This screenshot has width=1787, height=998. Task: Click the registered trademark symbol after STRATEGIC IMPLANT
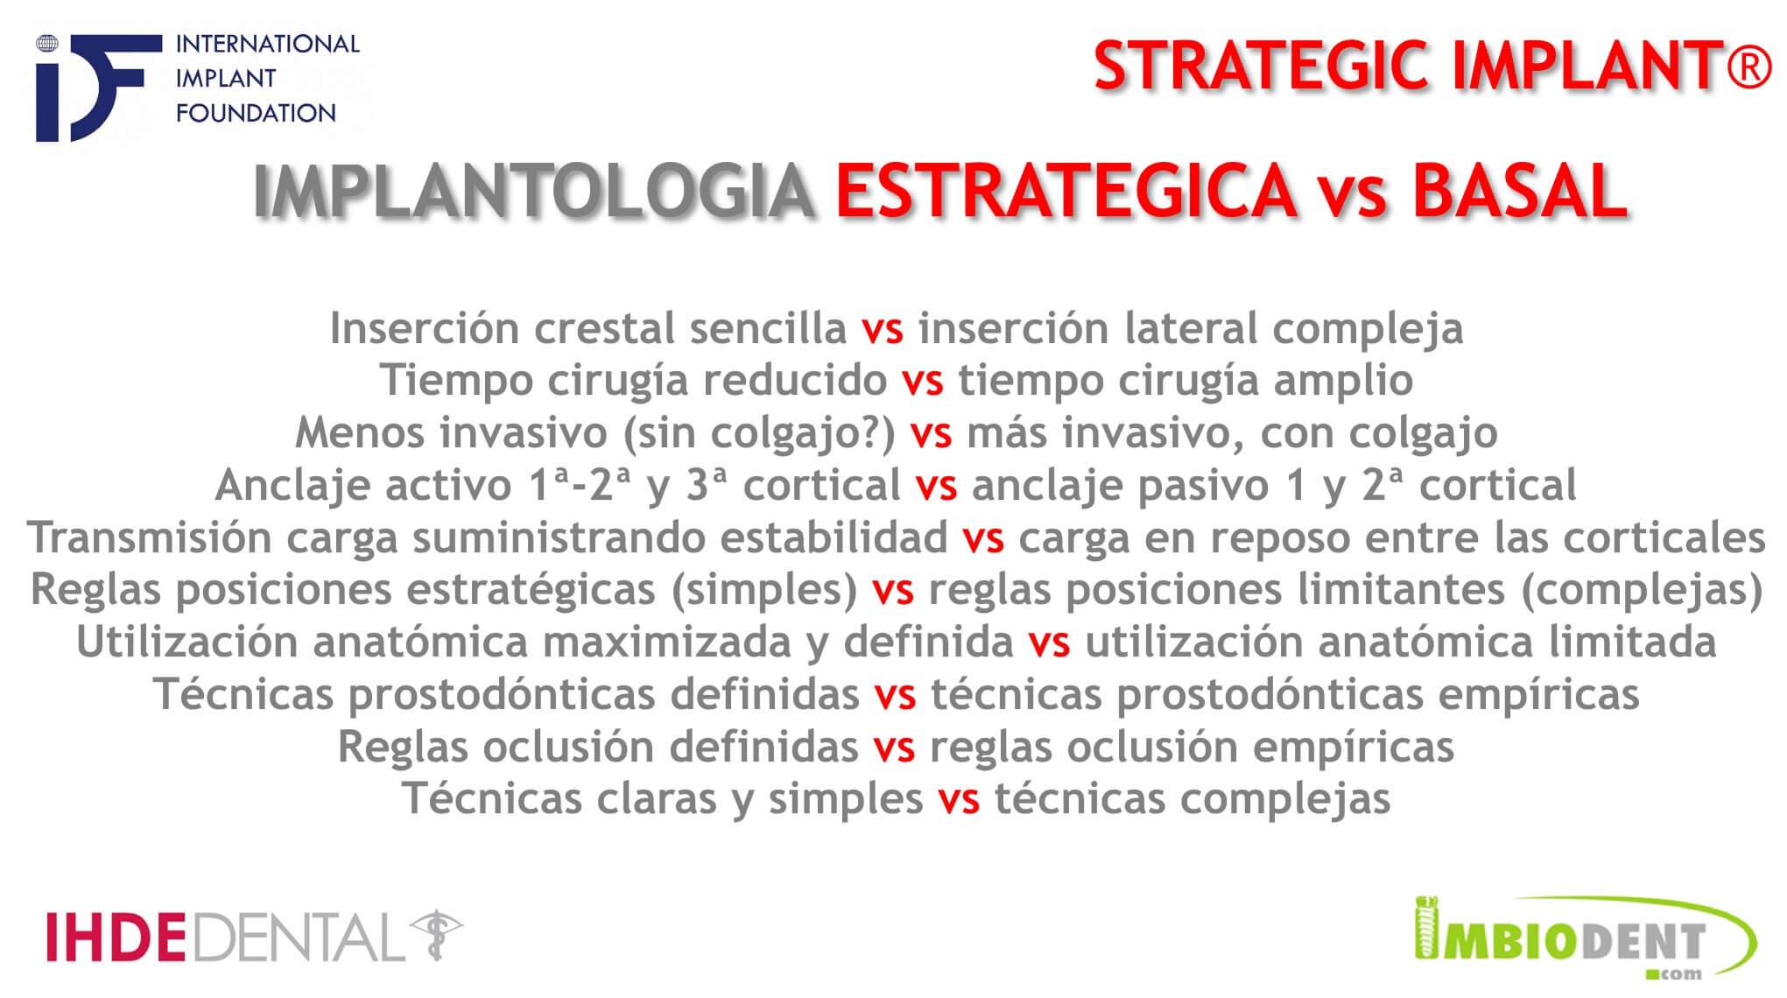point(1749,66)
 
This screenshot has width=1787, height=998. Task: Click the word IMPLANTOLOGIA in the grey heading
point(534,190)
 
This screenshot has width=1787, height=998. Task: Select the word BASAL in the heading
point(1519,190)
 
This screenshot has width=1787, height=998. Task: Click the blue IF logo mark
point(97,88)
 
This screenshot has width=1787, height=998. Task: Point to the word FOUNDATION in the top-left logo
point(256,113)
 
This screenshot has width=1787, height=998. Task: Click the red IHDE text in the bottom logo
point(116,937)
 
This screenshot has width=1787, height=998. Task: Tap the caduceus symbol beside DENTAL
point(437,935)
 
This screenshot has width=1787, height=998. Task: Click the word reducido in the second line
point(795,380)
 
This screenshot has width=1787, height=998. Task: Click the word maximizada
point(666,641)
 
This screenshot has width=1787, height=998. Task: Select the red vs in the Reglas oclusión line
point(894,748)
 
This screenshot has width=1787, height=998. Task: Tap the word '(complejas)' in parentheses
point(1642,590)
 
